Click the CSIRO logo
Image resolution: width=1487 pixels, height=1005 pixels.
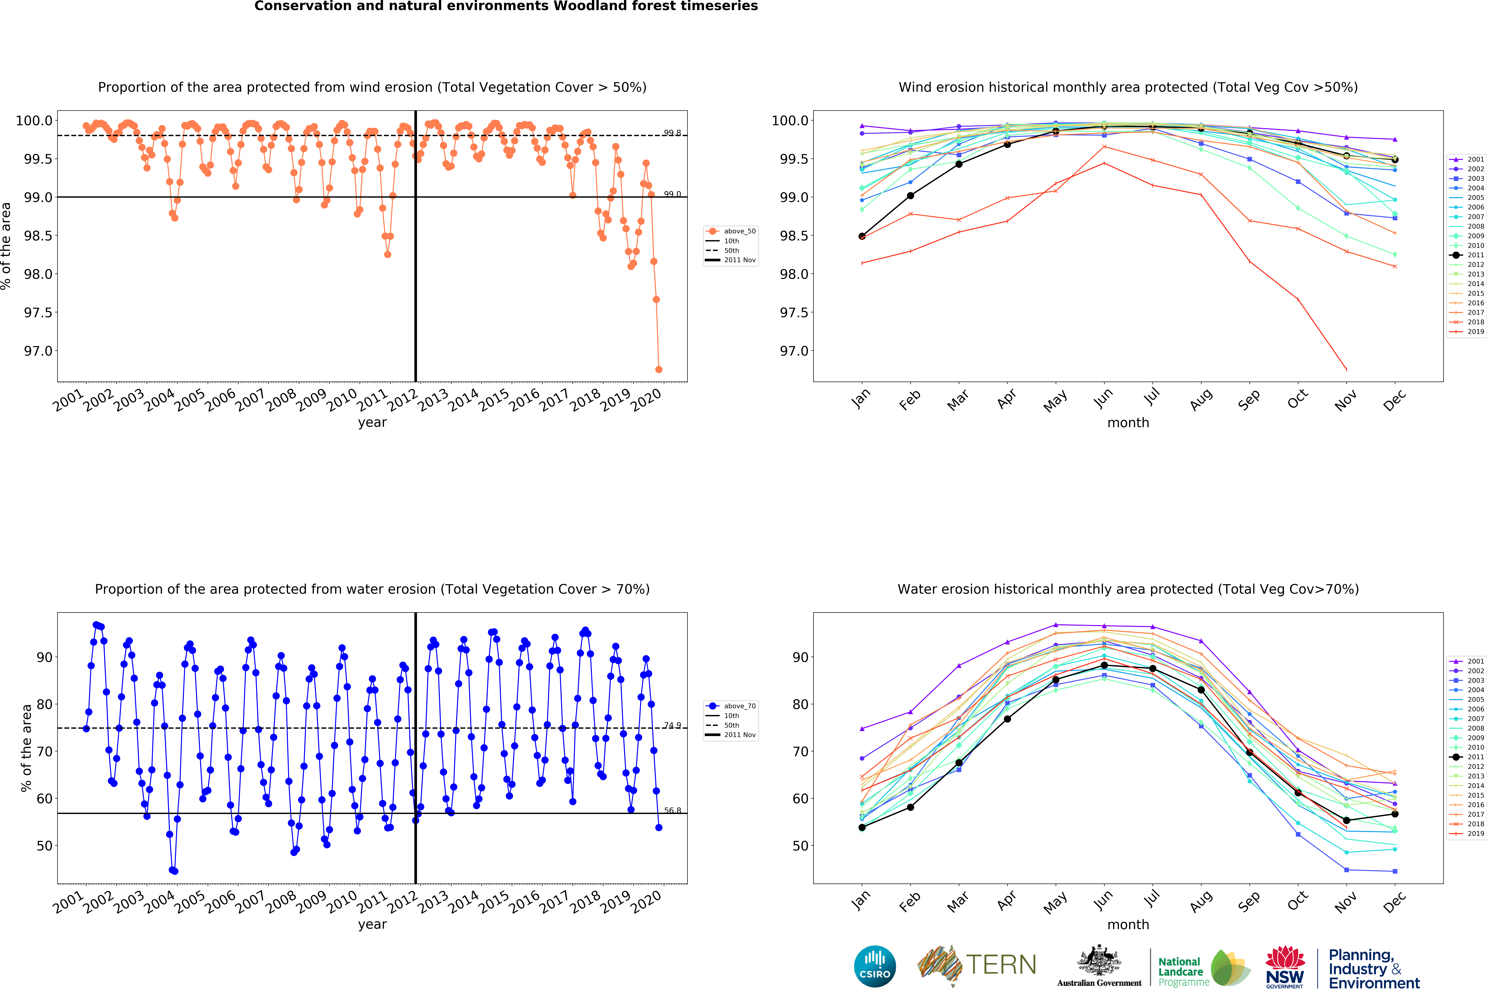pos(875,966)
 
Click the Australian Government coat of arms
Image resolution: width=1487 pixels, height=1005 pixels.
pos(1099,960)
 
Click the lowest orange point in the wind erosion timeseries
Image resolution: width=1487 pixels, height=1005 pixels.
pos(658,369)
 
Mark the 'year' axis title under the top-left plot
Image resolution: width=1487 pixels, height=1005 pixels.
pos(372,422)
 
